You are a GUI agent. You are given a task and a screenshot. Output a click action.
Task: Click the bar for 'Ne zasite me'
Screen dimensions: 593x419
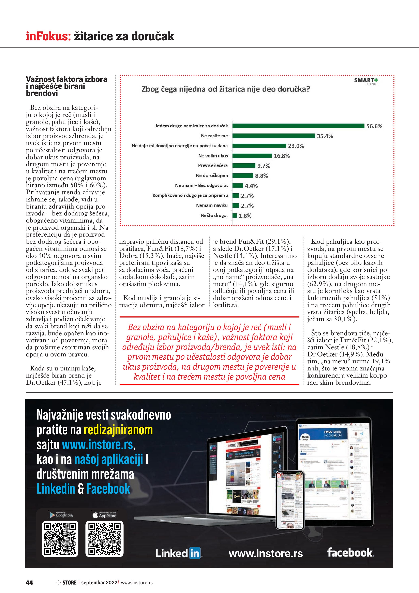[273, 136]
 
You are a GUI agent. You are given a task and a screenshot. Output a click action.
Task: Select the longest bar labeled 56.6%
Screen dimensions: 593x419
[298, 126]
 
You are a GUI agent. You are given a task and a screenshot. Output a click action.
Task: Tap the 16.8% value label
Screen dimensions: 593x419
[282, 156]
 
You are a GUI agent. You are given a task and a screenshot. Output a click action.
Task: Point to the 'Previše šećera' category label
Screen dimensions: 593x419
[213, 166]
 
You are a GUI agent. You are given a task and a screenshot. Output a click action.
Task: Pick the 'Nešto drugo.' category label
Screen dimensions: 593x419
[214, 215]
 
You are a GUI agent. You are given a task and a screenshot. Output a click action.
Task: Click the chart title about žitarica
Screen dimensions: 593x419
[225, 89]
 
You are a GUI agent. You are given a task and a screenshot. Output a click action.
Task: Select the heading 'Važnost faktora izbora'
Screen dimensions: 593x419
[66, 79]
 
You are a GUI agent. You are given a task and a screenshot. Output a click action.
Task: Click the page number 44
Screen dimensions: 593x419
[29, 582]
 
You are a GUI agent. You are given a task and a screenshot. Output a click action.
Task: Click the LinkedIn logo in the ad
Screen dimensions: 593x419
[178, 553]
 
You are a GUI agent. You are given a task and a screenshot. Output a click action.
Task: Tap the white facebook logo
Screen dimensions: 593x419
[350, 552]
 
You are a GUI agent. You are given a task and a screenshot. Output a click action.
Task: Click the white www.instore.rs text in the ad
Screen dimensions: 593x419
[266, 553]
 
